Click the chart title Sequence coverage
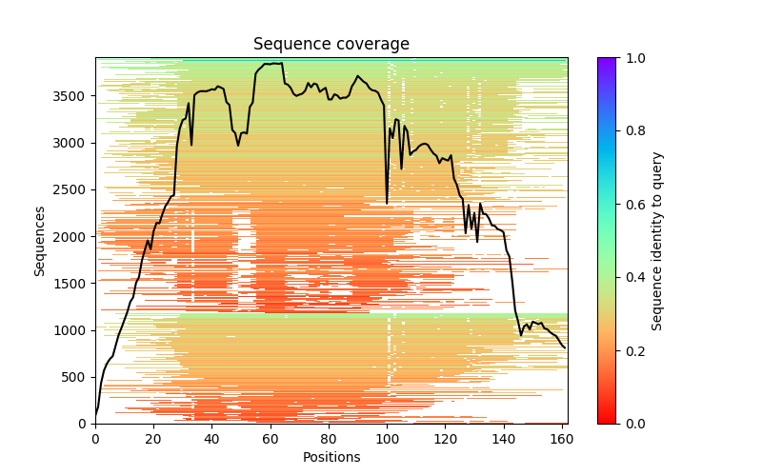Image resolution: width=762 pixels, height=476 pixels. (x=331, y=45)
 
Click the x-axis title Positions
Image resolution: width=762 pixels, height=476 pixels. (x=331, y=457)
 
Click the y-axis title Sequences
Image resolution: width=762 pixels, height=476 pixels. (x=40, y=240)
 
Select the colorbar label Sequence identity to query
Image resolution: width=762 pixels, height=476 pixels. (x=657, y=240)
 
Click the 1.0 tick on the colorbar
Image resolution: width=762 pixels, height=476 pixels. (x=616, y=58)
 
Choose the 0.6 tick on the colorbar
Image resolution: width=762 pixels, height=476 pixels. (x=616, y=204)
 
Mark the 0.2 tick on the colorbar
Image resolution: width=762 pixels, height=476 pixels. (x=616, y=350)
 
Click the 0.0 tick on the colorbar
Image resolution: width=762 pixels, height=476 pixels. (x=616, y=424)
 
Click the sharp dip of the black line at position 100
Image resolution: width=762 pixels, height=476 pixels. (x=387, y=203)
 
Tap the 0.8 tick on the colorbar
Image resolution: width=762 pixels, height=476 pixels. (x=616, y=131)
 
